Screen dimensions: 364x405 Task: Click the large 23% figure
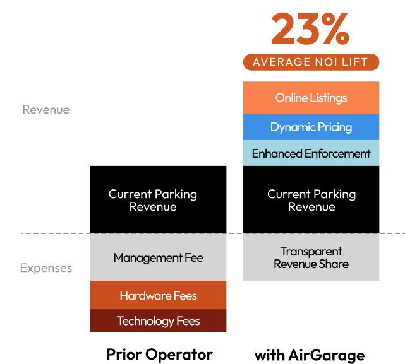(310, 28)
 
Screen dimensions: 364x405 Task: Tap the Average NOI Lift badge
(311, 62)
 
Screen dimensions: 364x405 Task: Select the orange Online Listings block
(311, 98)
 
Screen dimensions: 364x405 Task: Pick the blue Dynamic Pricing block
(311, 127)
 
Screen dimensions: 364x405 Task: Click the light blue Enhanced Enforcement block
(311, 153)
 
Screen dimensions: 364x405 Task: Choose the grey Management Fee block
(158, 257)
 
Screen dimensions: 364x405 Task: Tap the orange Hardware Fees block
(158, 295)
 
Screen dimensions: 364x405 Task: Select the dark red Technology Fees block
(158, 321)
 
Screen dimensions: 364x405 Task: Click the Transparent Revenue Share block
(311, 257)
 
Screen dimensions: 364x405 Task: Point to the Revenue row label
(45, 110)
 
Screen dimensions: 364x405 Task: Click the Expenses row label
(45, 268)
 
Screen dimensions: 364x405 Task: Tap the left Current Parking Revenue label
(153, 200)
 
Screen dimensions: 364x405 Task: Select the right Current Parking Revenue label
(311, 200)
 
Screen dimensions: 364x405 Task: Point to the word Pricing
(335, 127)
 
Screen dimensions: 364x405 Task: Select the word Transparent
(311, 251)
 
